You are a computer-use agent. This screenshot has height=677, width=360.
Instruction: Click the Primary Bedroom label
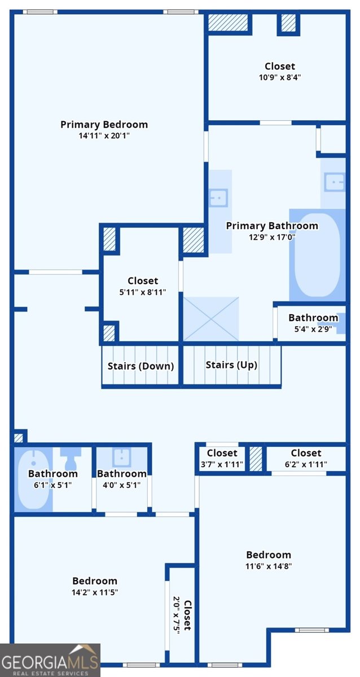coord(104,125)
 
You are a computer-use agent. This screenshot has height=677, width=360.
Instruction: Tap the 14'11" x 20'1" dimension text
coord(104,136)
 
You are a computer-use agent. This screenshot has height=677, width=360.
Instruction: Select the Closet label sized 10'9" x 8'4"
coord(280,66)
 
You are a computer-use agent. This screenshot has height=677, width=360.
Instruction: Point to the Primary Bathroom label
coord(272,226)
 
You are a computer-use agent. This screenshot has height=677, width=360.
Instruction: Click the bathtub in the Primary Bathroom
coord(317,256)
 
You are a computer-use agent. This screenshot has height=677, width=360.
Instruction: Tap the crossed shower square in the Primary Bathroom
coord(211,319)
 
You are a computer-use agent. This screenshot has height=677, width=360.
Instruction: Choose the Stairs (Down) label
coord(141,366)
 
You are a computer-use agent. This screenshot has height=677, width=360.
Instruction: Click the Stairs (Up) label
coord(231,365)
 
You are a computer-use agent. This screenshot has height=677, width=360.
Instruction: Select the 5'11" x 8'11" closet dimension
coord(143,292)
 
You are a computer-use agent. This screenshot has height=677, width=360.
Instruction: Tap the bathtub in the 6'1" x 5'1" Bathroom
coord(33,480)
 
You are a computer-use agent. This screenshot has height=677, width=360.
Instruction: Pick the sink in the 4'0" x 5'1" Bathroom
coord(122,457)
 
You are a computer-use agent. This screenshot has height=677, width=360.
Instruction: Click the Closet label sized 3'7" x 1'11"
coord(222,453)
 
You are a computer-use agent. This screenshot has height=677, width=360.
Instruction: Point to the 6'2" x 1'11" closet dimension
coord(306,464)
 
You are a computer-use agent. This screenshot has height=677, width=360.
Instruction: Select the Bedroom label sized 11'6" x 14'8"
coord(269,555)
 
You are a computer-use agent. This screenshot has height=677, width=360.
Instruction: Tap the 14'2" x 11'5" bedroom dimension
coord(95,592)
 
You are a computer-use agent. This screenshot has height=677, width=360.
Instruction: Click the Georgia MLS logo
coord(50,661)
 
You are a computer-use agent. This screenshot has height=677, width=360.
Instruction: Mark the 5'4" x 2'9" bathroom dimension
coord(313,329)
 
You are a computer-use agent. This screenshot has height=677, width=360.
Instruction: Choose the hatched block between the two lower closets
coord(256,459)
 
